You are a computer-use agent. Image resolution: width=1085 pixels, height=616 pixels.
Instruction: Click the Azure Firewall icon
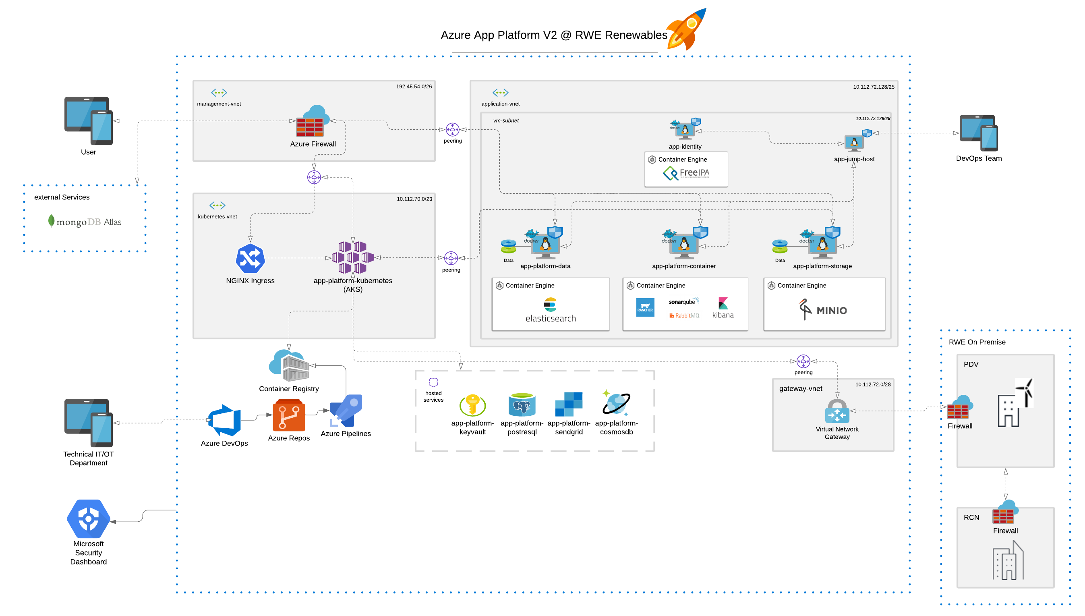(x=312, y=122)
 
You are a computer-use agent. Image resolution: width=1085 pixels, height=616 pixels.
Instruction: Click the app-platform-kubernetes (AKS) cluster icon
(x=353, y=257)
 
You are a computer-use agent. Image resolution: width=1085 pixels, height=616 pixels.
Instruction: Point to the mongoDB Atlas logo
(x=85, y=222)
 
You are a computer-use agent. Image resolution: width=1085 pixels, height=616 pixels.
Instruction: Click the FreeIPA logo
(x=686, y=173)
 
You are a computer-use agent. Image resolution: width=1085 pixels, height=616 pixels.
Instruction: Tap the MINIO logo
(x=823, y=310)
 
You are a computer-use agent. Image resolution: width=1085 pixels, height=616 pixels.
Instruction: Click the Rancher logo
(x=645, y=307)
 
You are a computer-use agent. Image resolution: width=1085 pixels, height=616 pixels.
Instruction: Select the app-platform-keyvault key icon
(x=472, y=405)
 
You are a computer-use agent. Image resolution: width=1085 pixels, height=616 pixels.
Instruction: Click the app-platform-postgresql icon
(x=522, y=405)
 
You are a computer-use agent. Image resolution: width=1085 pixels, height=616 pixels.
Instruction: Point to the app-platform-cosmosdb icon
(x=616, y=403)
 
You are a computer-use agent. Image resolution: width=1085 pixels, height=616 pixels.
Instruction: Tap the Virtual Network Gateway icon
(x=837, y=412)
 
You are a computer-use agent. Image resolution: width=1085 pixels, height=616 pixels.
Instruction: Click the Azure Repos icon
(x=289, y=416)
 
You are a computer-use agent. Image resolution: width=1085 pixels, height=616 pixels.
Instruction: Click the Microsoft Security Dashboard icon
(x=88, y=518)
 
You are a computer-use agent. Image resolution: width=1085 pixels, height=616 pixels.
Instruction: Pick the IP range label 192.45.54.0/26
(x=414, y=86)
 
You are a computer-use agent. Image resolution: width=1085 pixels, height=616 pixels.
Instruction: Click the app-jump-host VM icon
(x=855, y=142)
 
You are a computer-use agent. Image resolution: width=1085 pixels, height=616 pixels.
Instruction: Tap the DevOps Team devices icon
(x=978, y=133)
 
